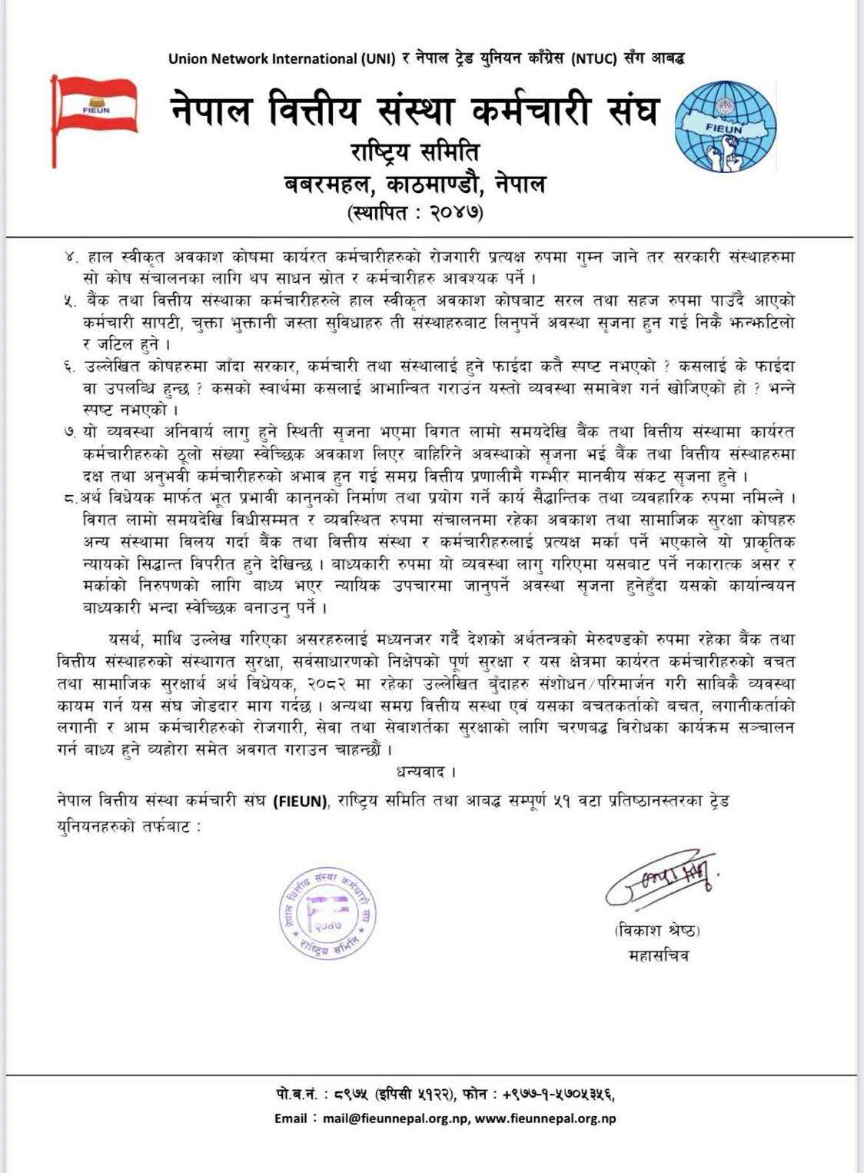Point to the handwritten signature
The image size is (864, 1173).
point(660,878)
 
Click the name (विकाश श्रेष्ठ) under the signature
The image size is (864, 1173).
point(658,930)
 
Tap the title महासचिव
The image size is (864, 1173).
point(658,955)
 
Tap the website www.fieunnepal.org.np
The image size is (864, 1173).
point(545,1118)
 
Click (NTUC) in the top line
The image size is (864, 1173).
point(594,58)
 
